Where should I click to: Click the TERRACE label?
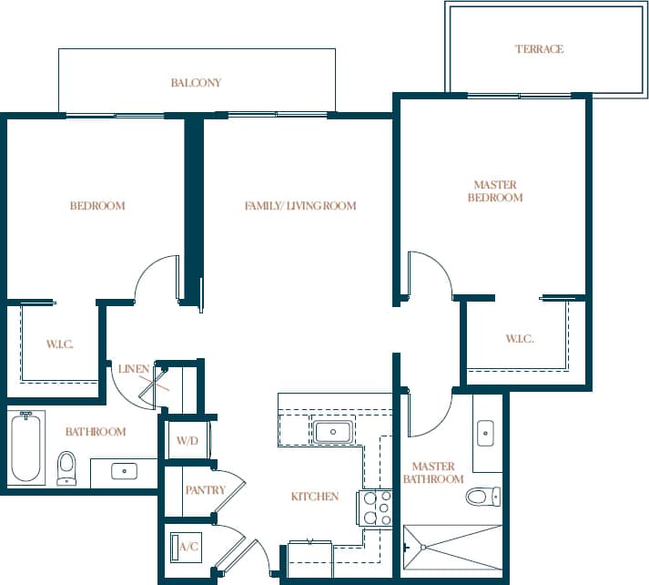click(539, 49)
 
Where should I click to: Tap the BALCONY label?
click(196, 83)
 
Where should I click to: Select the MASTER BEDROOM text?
click(495, 191)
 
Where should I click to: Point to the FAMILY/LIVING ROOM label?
click(300, 206)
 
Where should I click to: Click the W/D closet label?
click(187, 441)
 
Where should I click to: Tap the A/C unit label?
click(188, 548)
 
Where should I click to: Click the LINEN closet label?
click(134, 368)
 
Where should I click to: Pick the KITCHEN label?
click(315, 497)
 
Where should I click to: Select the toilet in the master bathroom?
click(482, 497)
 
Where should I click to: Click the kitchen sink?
click(332, 431)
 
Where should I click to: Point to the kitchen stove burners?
click(377, 508)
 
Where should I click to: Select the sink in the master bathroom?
click(485, 432)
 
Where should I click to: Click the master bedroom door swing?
click(428, 273)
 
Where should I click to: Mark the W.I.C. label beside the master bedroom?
click(520, 339)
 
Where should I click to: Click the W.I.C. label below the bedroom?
click(59, 344)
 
